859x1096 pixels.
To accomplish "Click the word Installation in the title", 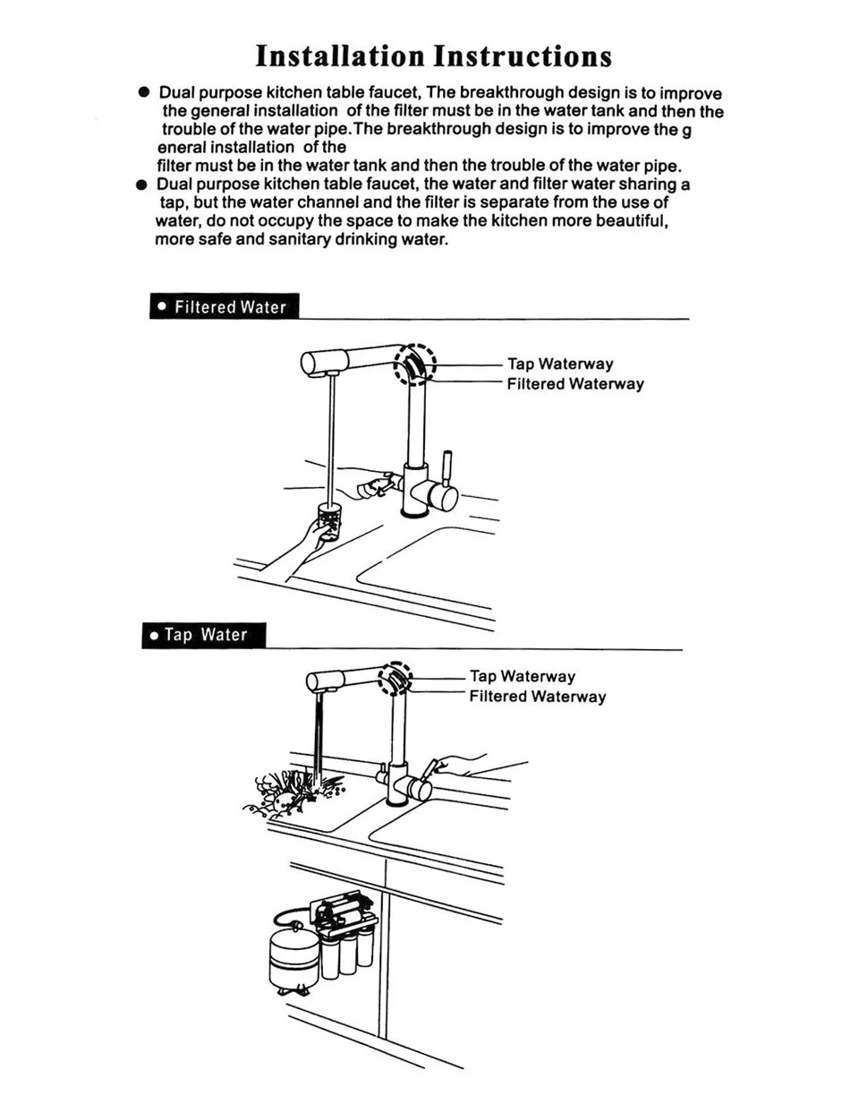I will point(338,56).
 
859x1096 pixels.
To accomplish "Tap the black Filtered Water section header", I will point(223,307).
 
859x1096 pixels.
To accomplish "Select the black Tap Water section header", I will point(205,636).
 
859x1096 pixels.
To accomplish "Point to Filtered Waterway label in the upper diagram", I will point(575,384).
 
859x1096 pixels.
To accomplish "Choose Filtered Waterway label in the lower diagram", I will point(538,697).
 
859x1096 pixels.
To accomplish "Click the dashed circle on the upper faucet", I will point(414,365).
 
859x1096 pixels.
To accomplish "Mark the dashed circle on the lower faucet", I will point(393,678).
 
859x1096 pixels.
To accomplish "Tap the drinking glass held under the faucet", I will point(329,522).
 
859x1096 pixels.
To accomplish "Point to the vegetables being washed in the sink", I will point(291,788).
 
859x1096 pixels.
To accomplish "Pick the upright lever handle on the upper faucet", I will point(449,471).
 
